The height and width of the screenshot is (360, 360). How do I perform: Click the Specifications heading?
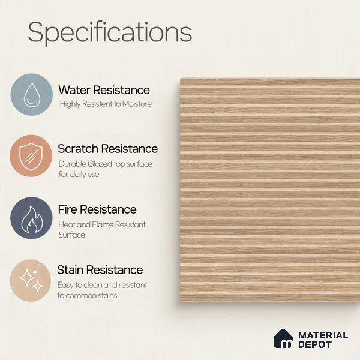(x=110, y=32)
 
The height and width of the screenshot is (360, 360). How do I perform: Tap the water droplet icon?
(x=32, y=95)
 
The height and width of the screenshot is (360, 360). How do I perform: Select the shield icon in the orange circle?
(x=31, y=157)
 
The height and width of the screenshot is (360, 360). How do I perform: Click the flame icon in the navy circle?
(x=32, y=219)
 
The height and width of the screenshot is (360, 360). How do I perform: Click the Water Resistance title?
(x=104, y=90)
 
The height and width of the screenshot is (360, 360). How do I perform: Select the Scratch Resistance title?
(x=107, y=149)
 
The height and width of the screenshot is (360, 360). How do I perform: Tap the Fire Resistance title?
(x=97, y=209)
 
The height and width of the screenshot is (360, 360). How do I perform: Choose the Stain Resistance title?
(x=100, y=269)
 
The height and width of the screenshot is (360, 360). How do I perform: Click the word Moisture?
(x=137, y=104)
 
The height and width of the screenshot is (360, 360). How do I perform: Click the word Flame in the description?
(x=103, y=224)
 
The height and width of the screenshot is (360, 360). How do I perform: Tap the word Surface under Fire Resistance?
(x=71, y=235)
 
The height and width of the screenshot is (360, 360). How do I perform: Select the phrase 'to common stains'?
(x=87, y=295)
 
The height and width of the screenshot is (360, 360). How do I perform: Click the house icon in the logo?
(x=283, y=338)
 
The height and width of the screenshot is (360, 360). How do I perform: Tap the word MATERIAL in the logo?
(x=323, y=335)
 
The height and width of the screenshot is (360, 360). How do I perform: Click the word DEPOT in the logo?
(x=315, y=344)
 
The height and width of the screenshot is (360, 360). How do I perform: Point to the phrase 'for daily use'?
(x=79, y=174)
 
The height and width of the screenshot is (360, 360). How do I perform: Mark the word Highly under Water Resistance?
(x=70, y=104)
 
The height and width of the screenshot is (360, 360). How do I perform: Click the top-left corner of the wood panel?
(x=181, y=78)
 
